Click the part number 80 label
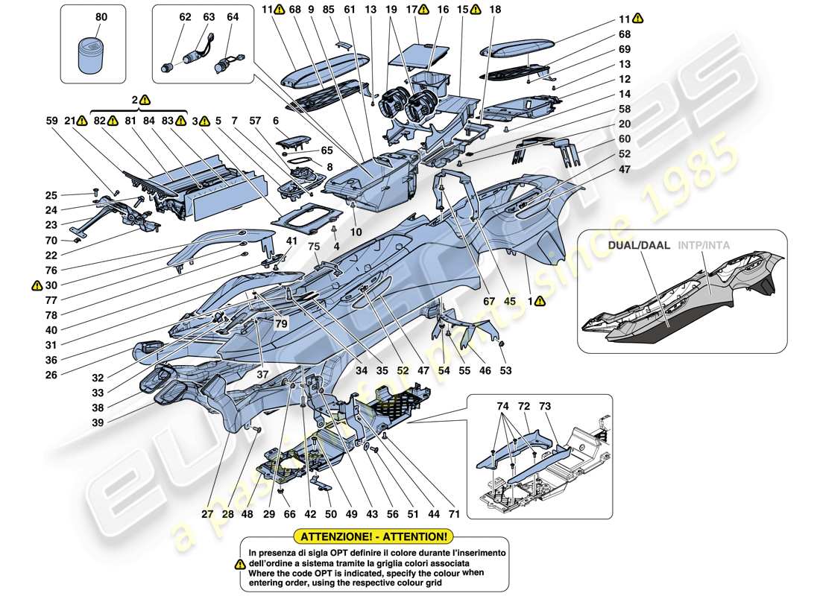click(101, 16)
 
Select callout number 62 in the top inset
click(165, 16)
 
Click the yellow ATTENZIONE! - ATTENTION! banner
click(373, 536)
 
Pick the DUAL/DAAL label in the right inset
click(634, 244)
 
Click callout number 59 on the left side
click(51, 120)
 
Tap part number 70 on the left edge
click(51, 241)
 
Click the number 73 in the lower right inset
click(545, 406)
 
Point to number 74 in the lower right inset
click(502, 406)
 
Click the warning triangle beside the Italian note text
click(239, 565)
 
